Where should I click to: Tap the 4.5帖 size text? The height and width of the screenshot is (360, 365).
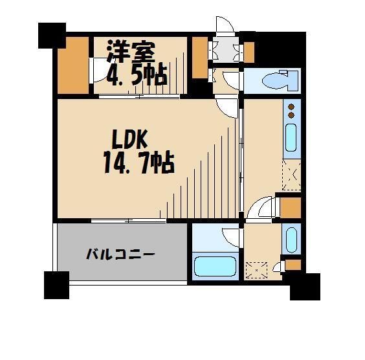click(x=137, y=74)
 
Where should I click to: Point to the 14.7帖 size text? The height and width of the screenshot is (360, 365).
click(x=138, y=163)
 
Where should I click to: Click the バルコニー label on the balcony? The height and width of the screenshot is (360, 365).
click(x=121, y=254)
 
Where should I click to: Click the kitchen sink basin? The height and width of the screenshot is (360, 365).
click(x=291, y=138)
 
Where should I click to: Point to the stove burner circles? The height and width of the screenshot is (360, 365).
click(x=291, y=111)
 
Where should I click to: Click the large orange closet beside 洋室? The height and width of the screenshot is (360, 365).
click(x=72, y=65)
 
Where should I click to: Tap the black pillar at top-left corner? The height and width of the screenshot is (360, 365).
click(x=52, y=35)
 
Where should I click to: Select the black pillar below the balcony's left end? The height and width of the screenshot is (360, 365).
click(x=56, y=285)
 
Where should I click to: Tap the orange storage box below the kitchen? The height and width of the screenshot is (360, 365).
click(x=289, y=207)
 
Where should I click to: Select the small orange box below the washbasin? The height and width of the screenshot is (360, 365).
click(x=293, y=264)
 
